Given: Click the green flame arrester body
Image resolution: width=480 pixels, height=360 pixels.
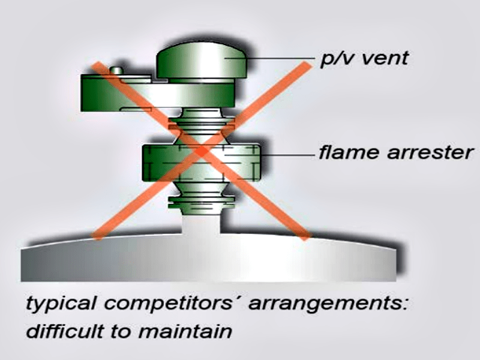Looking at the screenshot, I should point(159,162).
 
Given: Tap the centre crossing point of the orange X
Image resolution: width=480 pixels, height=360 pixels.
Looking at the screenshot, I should point(202,151).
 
